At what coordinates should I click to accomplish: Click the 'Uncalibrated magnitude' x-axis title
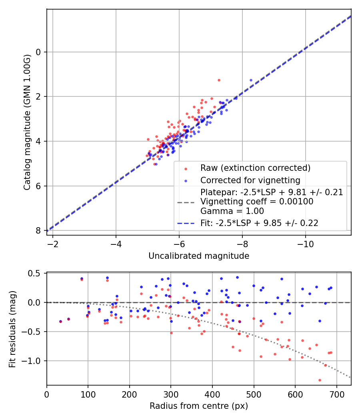199,256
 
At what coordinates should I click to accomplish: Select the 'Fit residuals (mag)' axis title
12,329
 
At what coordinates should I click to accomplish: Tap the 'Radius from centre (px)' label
199,406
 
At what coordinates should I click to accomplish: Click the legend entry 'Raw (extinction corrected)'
256,168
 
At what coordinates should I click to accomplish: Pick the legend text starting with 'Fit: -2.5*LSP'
259,223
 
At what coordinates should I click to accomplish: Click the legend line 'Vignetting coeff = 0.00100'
257,202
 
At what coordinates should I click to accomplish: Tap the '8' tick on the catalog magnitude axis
38,230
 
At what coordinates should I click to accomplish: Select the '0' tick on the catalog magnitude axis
38,52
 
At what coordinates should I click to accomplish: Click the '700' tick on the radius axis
336,394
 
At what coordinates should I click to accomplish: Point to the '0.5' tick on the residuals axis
36,273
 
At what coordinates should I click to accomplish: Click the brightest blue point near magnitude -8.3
251,80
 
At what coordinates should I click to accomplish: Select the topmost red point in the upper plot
219,80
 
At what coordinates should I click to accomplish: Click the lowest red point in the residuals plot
320,380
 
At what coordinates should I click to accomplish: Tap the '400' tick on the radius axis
212,394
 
